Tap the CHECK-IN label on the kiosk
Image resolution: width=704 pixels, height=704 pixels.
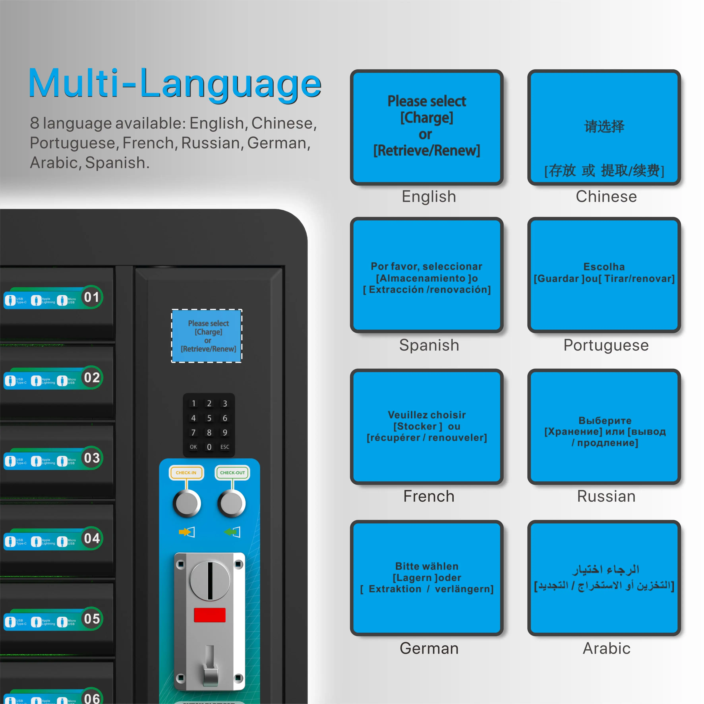(x=186, y=473)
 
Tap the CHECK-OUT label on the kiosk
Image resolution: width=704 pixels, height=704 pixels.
(x=232, y=473)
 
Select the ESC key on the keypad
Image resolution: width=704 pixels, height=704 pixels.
(x=225, y=447)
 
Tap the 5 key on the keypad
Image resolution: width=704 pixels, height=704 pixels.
(x=209, y=418)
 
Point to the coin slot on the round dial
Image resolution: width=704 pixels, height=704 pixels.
(x=210, y=580)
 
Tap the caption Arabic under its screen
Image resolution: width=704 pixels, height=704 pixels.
(x=606, y=648)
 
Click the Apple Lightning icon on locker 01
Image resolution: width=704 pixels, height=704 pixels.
(x=36, y=300)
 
